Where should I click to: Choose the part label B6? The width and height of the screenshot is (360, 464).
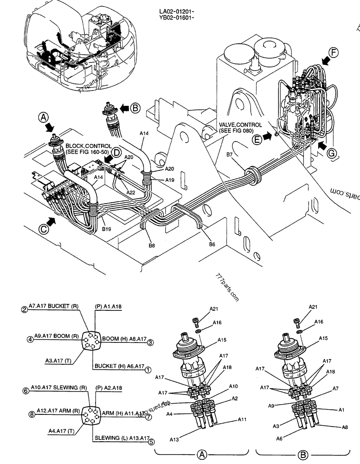pos(212,244)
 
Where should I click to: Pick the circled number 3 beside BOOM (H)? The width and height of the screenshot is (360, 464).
pos(150,343)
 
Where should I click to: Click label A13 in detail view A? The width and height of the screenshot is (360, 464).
pos(174,438)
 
